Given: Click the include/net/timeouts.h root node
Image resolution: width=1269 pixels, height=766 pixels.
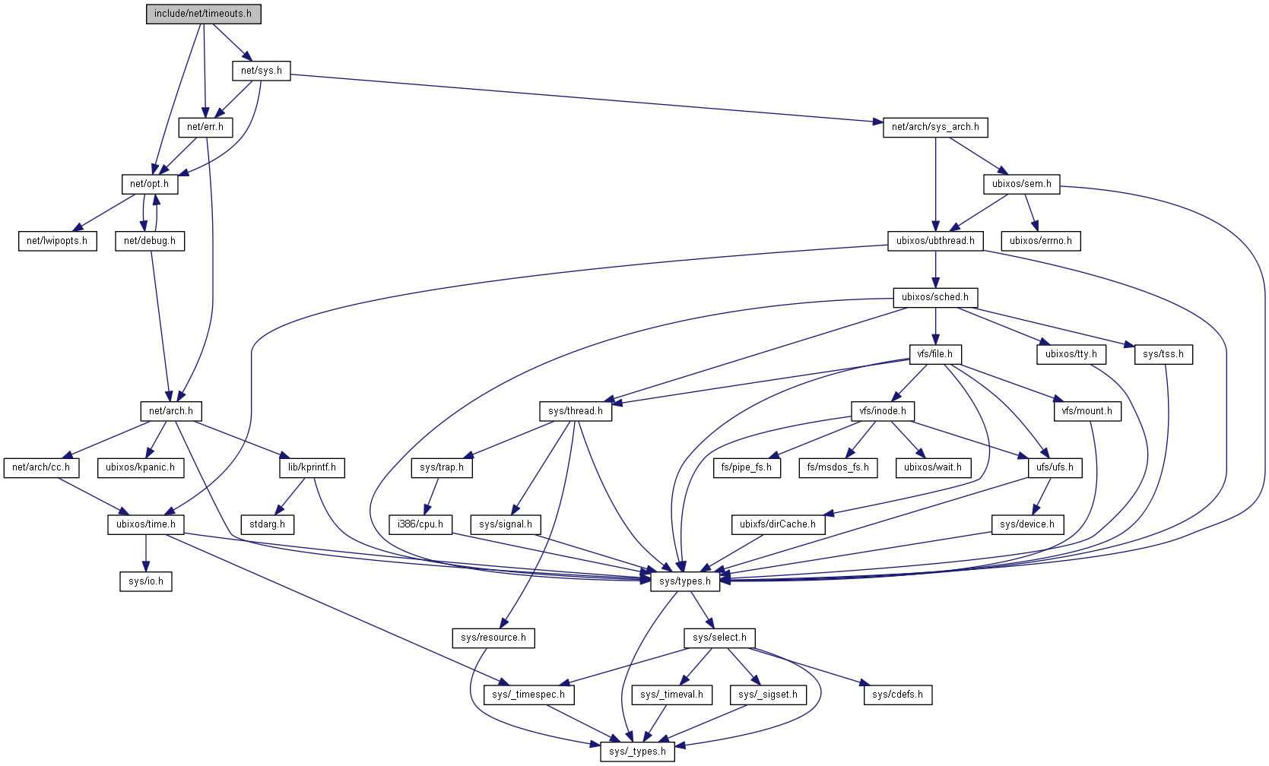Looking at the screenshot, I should coord(203,14).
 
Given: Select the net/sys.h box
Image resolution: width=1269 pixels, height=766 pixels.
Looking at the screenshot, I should coord(261,71).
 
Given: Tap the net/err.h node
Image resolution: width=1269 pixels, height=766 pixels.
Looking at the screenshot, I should coord(205,127).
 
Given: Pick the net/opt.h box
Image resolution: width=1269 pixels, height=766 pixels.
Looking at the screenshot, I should coord(149,184).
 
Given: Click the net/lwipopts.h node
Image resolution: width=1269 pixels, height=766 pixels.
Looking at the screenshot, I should coord(57,241).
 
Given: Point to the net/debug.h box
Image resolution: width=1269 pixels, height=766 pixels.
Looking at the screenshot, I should coord(149,241).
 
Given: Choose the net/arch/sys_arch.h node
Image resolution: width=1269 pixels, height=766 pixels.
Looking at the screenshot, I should coord(935,127).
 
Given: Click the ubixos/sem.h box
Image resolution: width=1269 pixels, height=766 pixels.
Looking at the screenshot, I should coord(1021,184).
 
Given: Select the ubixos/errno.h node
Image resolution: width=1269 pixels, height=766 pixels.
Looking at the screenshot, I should coord(1040,241).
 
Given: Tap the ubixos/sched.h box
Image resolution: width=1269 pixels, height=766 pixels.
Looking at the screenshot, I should coord(935,297).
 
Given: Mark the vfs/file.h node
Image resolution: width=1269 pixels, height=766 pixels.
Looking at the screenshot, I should coord(935,354).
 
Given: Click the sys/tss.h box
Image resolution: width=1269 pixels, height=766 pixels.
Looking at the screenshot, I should coord(1163,354).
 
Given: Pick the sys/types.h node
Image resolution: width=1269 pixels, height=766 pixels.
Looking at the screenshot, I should coord(685,581).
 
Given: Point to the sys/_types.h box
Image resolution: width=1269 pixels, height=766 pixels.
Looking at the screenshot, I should coord(637,752).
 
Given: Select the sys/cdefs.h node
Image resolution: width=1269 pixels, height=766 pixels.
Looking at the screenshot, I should coord(897,695).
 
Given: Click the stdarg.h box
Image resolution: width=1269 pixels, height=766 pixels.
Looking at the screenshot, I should coord(267,524).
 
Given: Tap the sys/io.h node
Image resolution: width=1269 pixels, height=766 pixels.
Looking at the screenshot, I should coord(146,581).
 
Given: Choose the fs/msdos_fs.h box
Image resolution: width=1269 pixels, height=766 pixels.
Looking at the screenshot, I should coord(838,467).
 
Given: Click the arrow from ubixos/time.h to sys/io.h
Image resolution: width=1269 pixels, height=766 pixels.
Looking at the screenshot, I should coord(146,552).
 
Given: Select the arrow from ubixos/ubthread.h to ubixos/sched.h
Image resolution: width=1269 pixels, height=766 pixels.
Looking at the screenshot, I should coord(935,269).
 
